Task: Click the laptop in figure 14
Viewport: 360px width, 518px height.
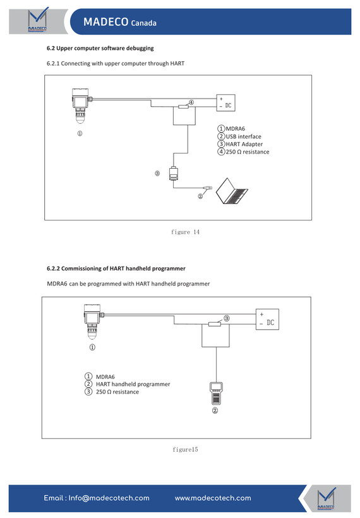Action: tap(232, 191)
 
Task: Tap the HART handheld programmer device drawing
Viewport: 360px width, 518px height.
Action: tap(216, 393)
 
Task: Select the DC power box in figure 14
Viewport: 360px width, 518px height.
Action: tap(226, 103)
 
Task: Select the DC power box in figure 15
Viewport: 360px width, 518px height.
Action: tap(268, 319)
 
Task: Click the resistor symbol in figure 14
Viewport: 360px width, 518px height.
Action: tap(183, 106)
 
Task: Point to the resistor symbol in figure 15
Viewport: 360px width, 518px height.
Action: tap(215, 324)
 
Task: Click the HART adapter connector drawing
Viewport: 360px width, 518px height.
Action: tap(174, 174)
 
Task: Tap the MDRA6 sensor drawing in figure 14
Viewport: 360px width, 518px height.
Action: tap(81, 105)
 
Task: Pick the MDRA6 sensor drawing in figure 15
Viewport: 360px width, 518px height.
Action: tap(93, 322)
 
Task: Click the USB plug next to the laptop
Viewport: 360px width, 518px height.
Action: tap(208, 188)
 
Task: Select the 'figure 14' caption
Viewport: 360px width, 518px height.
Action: tap(185, 232)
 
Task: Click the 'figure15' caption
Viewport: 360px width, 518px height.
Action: tap(185, 449)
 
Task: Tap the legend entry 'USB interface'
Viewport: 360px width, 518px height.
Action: tap(243, 136)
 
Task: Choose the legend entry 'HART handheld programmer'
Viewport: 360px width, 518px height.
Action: tap(133, 384)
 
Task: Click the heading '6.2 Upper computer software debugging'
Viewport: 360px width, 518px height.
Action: tap(100, 48)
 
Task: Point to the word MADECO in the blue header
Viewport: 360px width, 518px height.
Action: tap(105, 22)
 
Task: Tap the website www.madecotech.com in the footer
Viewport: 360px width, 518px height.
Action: tap(213, 498)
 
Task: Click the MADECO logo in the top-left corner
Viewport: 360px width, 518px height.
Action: tap(37, 20)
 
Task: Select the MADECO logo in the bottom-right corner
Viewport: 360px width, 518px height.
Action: tap(326, 498)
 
